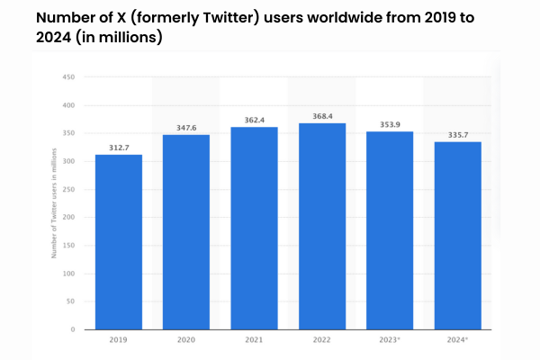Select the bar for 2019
point(119,242)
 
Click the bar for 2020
point(186,232)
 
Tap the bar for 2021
point(255,228)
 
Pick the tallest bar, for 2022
point(322,226)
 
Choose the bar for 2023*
point(391,230)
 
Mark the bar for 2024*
point(458,235)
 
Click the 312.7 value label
point(119,147)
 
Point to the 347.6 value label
point(186,127)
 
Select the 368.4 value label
point(322,115)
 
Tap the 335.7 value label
point(458,134)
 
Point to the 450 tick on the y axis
point(68,76)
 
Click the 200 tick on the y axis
point(68,218)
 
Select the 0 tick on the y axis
point(72,329)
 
